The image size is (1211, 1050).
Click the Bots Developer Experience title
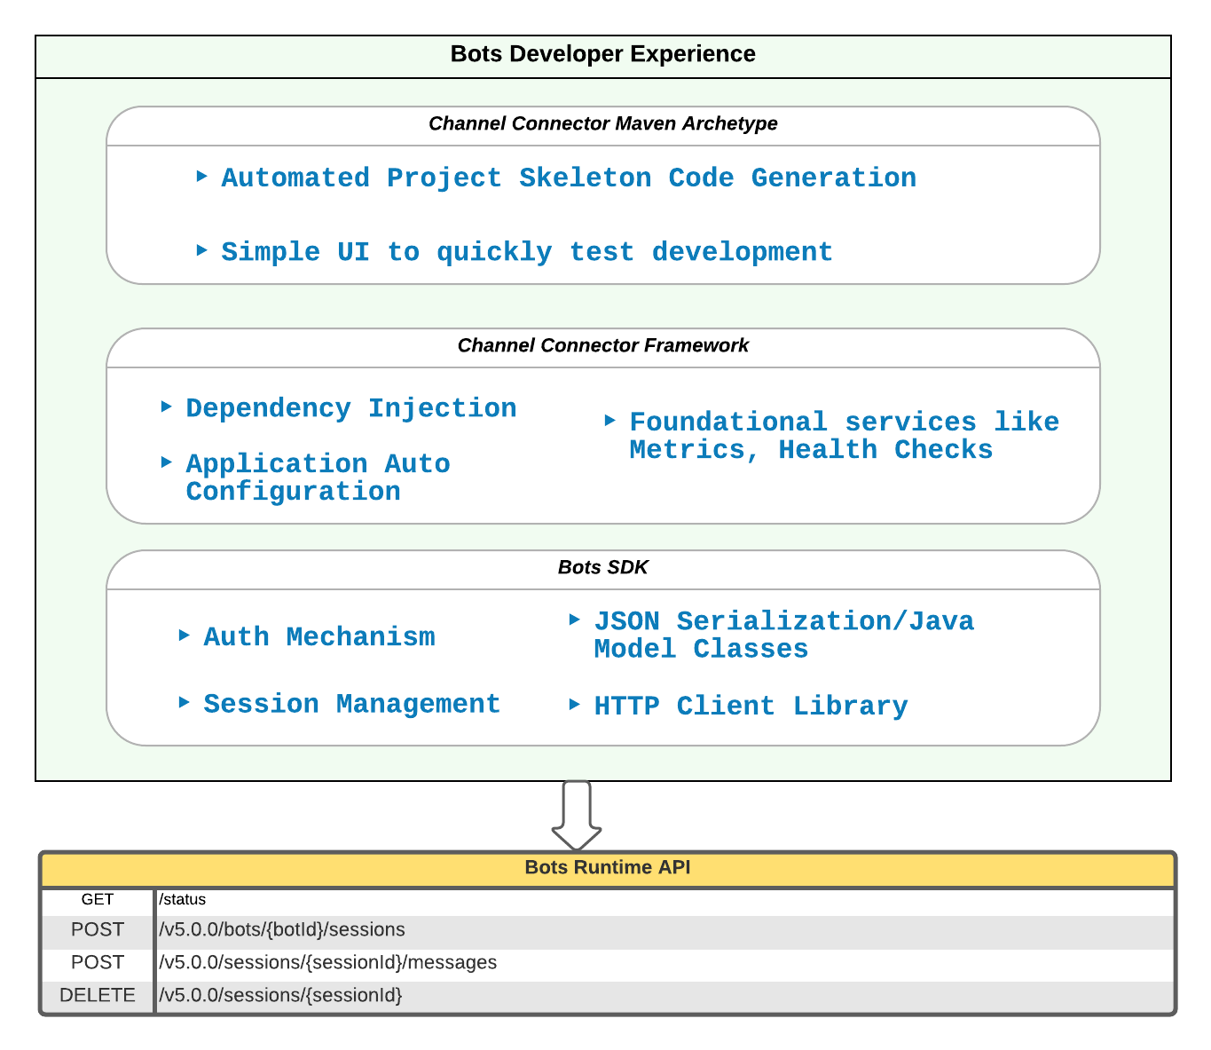point(602,54)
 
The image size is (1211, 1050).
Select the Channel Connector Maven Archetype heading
point(602,123)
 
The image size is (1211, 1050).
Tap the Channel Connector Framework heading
point(602,345)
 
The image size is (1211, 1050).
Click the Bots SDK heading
point(602,567)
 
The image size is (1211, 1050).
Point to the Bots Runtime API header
point(607,867)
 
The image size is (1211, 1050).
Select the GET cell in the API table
point(98,899)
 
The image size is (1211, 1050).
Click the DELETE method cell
point(98,995)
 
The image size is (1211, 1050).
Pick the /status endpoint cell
point(183,899)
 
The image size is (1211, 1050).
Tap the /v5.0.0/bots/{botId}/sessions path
point(282,929)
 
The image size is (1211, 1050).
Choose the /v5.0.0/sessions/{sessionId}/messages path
point(328,962)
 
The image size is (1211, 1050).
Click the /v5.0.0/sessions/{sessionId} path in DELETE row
point(281,995)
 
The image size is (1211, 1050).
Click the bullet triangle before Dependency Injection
point(167,407)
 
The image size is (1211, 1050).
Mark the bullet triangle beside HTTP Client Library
point(575,705)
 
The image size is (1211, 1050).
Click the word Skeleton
point(585,178)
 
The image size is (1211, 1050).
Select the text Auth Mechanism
point(319,637)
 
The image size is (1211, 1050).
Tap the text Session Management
point(351,704)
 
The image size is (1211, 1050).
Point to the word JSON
point(626,621)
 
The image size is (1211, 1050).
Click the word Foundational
point(727,422)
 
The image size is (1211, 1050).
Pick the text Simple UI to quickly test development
point(526,252)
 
